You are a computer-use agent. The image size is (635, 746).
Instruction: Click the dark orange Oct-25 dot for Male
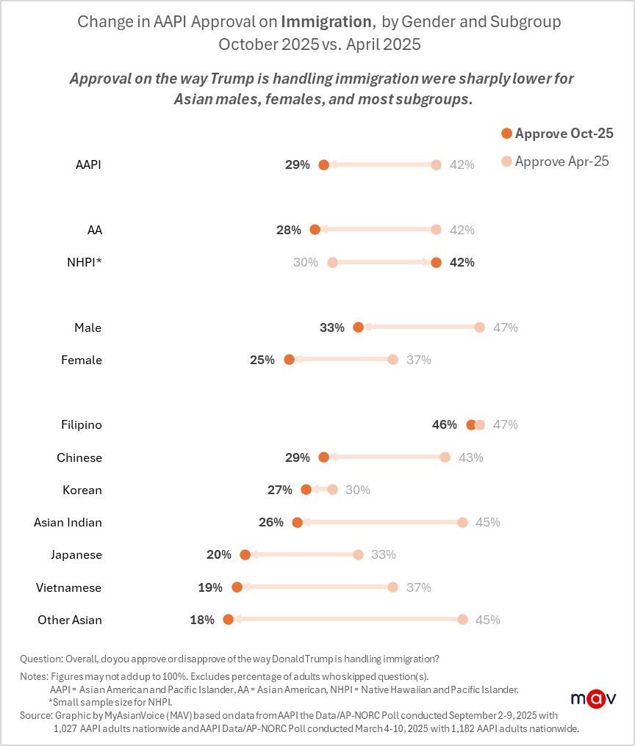(x=359, y=327)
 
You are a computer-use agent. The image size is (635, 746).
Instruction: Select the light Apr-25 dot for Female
(x=393, y=360)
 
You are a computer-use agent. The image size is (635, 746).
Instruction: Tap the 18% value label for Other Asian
(x=202, y=620)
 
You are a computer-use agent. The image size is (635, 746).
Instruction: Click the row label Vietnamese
(x=69, y=587)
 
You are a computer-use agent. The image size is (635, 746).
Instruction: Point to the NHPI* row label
(x=80, y=262)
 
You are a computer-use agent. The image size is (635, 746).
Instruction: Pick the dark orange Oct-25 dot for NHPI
(x=437, y=262)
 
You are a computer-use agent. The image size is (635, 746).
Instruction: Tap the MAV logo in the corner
(x=593, y=698)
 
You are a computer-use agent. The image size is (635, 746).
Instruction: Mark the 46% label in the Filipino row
(x=445, y=424)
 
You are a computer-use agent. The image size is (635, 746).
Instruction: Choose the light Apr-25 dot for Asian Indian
(x=462, y=522)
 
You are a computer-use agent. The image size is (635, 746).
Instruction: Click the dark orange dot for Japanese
(x=245, y=554)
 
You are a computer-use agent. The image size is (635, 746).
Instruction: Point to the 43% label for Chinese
(x=471, y=457)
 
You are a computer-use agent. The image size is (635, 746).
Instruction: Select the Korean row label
(x=82, y=490)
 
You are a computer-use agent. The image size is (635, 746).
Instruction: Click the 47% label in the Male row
(x=506, y=327)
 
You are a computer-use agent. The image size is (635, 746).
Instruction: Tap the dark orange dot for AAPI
(x=324, y=164)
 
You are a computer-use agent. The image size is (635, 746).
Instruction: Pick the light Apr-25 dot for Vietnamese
(x=393, y=587)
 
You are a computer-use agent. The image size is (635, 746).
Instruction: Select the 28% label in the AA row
(x=289, y=230)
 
